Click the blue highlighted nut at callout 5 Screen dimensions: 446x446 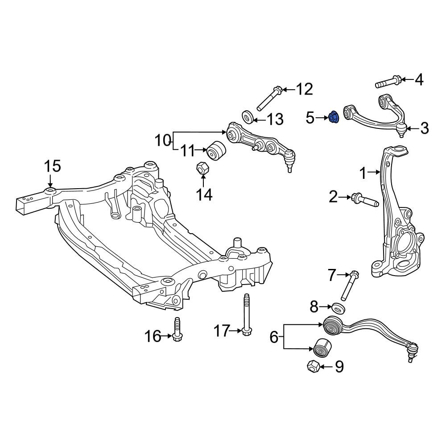point(333,117)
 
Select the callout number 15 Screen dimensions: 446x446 point(53,166)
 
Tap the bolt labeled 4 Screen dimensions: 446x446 point(388,82)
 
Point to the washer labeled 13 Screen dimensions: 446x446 point(248,117)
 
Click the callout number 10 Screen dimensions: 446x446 point(163,140)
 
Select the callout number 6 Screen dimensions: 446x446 point(274,337)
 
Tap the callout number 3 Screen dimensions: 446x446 point(425,128)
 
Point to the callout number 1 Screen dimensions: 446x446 point(363,173)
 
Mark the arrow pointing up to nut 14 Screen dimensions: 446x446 point(203,181)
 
